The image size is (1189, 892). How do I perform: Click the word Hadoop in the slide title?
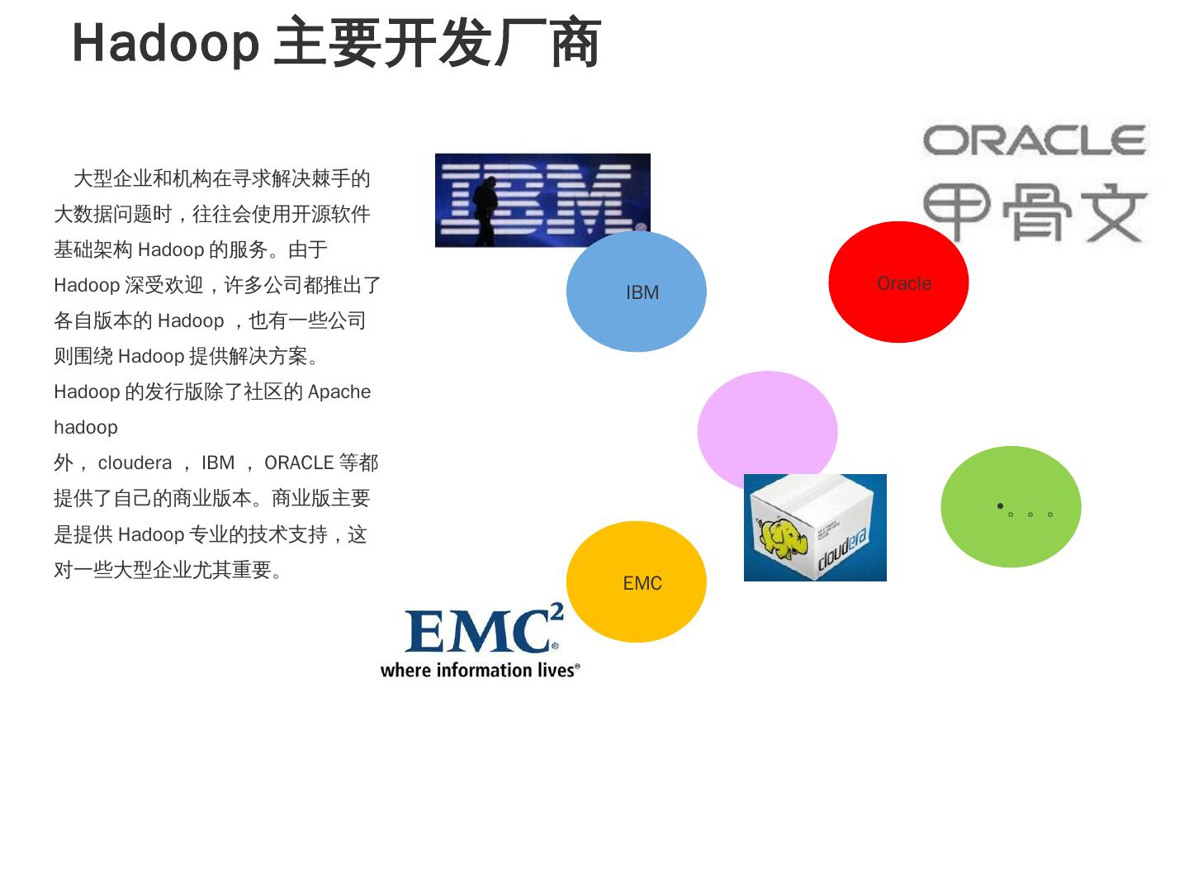[x=165, y=43]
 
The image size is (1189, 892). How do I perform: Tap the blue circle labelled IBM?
[x=636, y=292]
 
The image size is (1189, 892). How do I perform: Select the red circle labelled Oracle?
[x=898, y=282]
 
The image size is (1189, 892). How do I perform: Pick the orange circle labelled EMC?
[x=636, y=582]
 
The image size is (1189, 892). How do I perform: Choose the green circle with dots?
[x=1011, y=506]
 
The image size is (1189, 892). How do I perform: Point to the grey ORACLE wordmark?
[x=1035, y=140]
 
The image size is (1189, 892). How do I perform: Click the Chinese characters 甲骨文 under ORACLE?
[x=1035, y=213]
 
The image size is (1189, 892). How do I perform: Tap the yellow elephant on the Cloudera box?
[x=782, y=538]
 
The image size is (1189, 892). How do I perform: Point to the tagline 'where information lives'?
[x=480, y=670]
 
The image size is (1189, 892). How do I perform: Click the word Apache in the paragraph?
[x=339, y=391]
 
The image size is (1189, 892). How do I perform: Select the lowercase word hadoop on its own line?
[x=86, y=427]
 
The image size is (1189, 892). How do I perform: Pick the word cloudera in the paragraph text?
[x=135, y=463]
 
